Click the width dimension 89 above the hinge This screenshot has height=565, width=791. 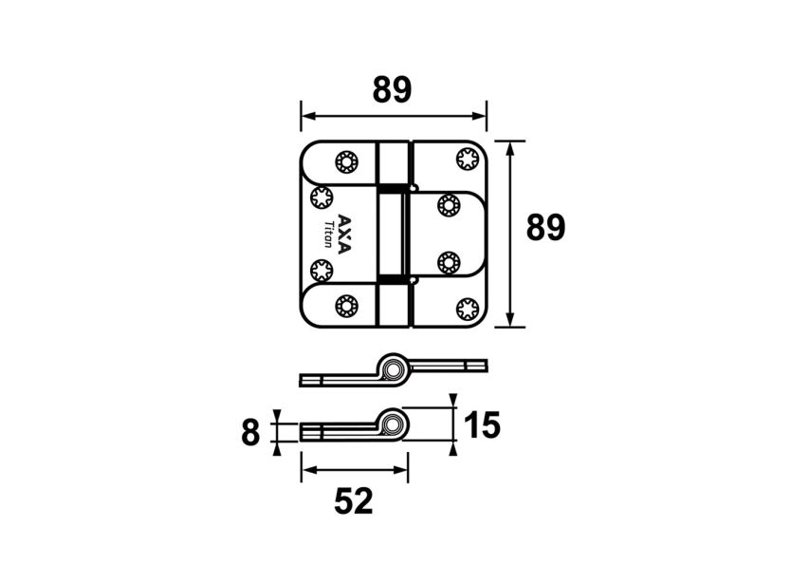pos(392,90)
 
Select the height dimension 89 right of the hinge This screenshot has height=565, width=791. pos(546,228)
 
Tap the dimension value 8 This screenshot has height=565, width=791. pos(250,433)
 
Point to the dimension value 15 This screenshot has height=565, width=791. pos(483,425)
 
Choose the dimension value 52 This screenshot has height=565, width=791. pos(354,500)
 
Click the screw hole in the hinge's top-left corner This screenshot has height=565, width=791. pos(345,161)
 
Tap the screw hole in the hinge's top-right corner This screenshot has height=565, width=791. pos(467,159)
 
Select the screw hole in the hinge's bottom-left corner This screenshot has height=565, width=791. pos(345,306)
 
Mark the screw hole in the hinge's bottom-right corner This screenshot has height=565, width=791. pos(467,309)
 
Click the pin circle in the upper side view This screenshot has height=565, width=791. pos(394,366)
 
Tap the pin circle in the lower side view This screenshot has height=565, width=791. pos(394,423)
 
